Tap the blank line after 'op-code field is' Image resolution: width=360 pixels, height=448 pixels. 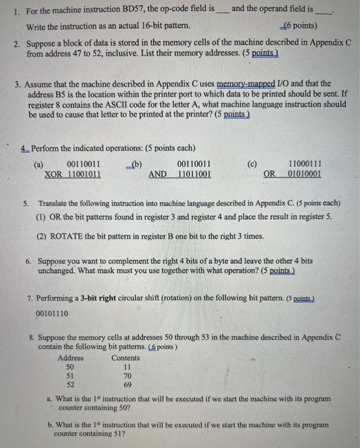[223, 12]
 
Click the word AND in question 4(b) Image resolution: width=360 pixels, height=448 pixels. [158, 174]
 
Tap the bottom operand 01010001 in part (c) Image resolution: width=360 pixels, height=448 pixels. [304, 174]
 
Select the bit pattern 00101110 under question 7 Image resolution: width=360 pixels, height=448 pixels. [53, 314]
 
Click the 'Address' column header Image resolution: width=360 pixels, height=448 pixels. [70, 358]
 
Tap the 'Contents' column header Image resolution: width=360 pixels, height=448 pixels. [125, 358]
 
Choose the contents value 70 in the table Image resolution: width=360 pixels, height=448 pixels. [127, 377]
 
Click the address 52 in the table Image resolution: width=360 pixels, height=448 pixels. [70, 386]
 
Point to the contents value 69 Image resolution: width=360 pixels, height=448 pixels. [127, 386]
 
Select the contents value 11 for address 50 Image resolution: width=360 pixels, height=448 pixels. [127, 367]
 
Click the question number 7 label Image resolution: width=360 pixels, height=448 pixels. [32, 299]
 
